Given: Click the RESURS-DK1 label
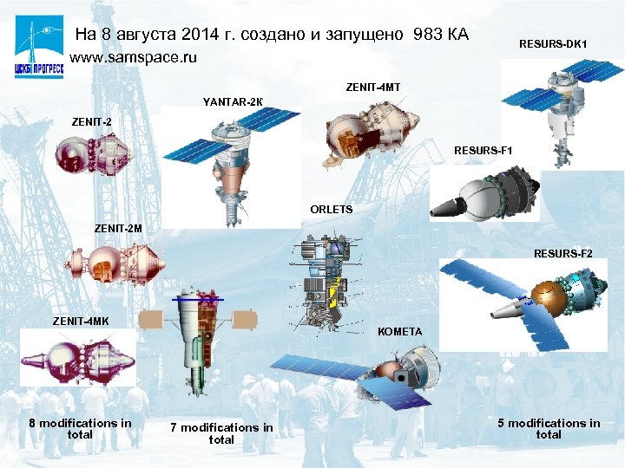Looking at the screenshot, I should click(553, 43).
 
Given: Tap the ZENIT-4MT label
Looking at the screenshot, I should click(373, 88).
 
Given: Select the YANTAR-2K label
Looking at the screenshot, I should click(228, 102).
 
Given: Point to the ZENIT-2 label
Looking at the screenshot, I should click(91, 121).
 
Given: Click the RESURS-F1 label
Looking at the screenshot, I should click(484, 151).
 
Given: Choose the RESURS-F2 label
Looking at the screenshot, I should click(563, 253).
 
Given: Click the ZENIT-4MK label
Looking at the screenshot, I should click(81, 322).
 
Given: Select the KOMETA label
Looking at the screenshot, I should click(400, 331).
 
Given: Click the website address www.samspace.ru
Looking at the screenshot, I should click(133, 58).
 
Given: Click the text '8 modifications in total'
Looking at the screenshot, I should click(80, 428).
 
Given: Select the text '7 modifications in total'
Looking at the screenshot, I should click(221, 433).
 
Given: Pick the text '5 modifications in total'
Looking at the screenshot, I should click(549, 428).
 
